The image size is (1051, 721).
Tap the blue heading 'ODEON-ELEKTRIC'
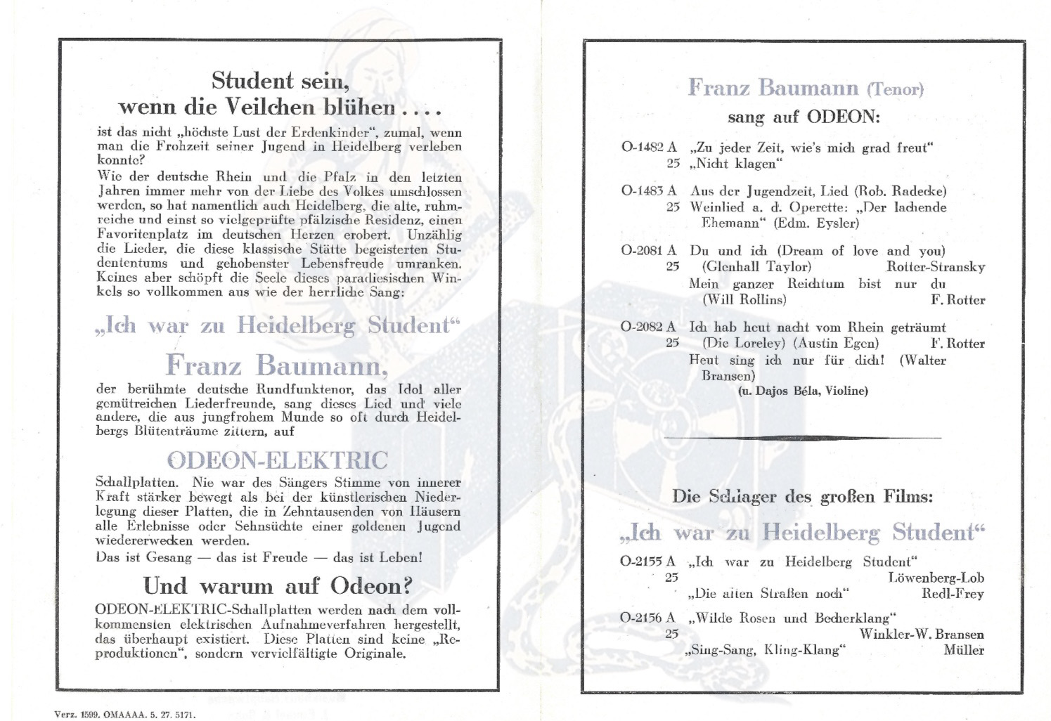[x=277, y=460]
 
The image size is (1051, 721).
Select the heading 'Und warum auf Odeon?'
[x=278, y=585]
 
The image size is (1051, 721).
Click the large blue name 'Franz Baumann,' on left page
[x=276, y=365]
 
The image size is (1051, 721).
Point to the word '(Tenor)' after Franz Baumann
[x=895, y=89]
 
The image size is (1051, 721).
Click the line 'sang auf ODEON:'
[x=804, y=116]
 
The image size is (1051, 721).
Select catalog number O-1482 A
[x=649, y=148]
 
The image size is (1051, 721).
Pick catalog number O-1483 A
[x=649, y=190]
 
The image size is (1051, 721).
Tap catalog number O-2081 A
[x=649, y=250]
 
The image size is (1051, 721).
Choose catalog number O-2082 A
[x=649, y=327]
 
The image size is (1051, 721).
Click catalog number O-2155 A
[x=647, y=561]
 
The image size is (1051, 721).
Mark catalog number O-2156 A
[x=647, y=618]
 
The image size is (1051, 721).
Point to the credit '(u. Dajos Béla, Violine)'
[x=803, y=391]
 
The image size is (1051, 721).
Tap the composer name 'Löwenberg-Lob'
[x=936, y=578]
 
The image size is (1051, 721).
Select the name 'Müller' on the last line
[x=963, y=650]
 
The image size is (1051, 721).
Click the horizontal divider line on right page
[x=802, y=438]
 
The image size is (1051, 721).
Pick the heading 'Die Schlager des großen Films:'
[x=802, y=496]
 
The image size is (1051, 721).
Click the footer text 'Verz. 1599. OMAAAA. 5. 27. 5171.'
[x=125, y=715]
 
